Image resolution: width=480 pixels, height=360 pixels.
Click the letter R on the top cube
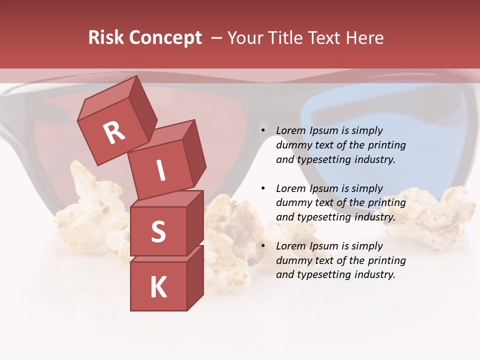(114, 132)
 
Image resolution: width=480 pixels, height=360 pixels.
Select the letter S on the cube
(158, 231)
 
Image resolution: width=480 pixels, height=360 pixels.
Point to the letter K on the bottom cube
(158, 287)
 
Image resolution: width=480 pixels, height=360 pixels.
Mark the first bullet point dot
(263, 131)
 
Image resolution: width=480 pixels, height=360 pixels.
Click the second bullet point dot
(263, 189)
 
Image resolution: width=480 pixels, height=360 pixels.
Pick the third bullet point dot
(263, 246)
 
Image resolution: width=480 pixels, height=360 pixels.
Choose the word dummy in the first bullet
(292, 145)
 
